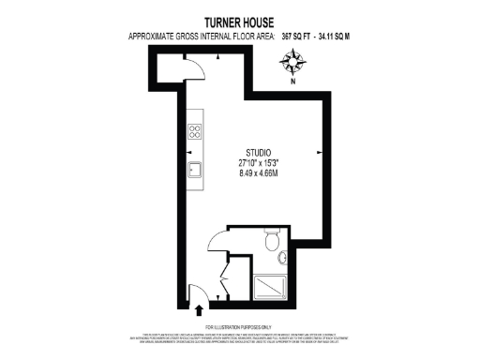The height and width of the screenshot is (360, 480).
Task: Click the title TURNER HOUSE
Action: click(x=240, y=22)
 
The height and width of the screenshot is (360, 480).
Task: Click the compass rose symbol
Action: click(x=292, y=64)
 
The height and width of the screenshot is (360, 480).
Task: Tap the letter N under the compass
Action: click(x=292, y=82)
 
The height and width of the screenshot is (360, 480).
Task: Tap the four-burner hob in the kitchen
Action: click(x=196, y=132)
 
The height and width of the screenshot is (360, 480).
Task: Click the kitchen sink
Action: click(x=196, y=170)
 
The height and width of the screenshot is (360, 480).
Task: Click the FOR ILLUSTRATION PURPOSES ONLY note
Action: click(x=240, y=326)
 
